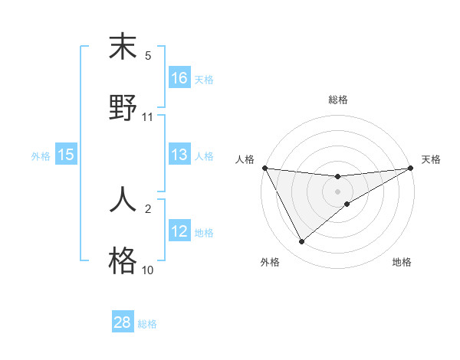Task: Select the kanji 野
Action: coord(123,107)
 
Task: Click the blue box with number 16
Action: coord(179,77)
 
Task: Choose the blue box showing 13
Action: coord(179,155)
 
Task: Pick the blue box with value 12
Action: coord(179,232)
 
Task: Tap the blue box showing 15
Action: coord(66,155)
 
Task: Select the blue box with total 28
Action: coord(123,322)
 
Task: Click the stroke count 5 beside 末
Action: coord(149,56)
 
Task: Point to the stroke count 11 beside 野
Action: coord(148,117)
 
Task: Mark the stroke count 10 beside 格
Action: coord(148,270)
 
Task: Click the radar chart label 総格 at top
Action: coord(338,100)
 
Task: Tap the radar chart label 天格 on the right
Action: coord(431,159)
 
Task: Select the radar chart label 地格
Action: coord(402,262)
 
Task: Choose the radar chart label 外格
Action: coord(270,262)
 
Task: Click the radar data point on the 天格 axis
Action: coord(411,168)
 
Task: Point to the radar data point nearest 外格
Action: coord(301,242)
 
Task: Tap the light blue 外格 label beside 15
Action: coord(41,156)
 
